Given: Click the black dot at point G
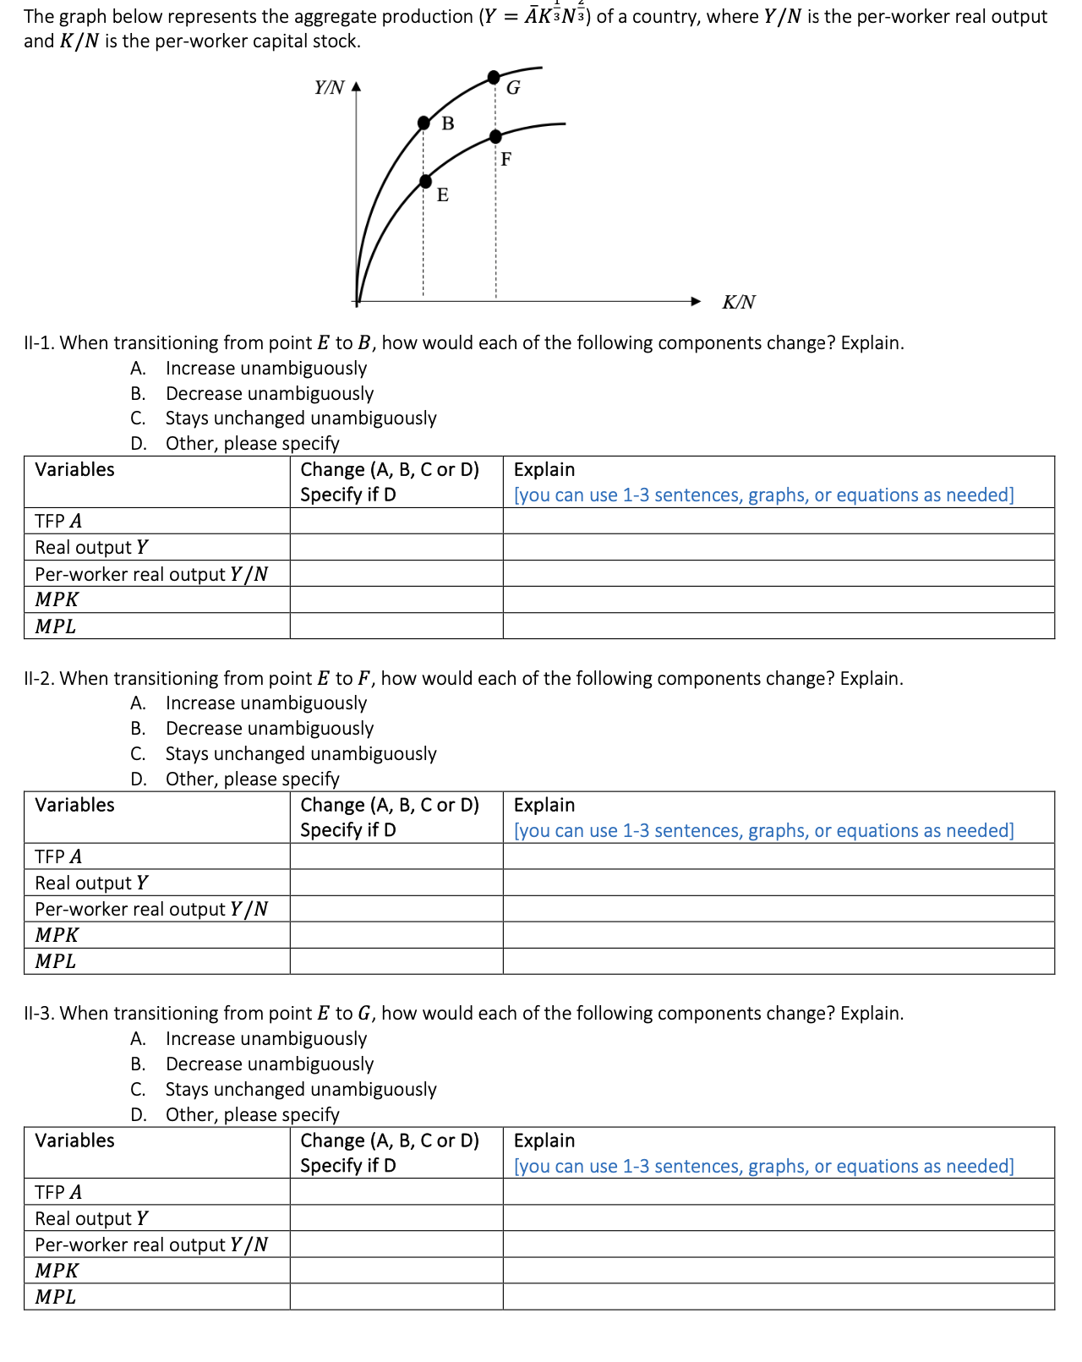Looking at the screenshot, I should (495, 78).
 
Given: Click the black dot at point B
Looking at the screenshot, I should (424, 123).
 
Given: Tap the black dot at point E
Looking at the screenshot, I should (425, 181).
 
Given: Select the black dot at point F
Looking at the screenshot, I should (495, 136).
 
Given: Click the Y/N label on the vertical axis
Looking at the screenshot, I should (329, 88).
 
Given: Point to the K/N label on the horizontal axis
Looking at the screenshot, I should (738, 303).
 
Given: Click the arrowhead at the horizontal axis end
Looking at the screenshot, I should (696, 301).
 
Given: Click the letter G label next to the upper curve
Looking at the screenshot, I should (513, 88).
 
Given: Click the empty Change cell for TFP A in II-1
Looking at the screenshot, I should (396, 521).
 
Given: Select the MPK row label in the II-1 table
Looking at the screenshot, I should (57, 600).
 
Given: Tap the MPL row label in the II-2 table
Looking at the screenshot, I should (56, 961).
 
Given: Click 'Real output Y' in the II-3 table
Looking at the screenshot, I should (91, 1218).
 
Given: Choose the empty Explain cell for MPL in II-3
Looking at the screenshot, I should (778, 1297).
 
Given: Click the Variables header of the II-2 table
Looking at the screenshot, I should (74, 805).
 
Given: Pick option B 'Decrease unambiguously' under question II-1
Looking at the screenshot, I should (269, 394).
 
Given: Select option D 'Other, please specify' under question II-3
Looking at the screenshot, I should (252, 1114).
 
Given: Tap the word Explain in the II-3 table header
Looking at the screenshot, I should (544, 1140).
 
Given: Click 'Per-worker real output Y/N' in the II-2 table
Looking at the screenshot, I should (151, 909).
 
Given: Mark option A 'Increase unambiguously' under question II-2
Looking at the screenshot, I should (265, 703).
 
